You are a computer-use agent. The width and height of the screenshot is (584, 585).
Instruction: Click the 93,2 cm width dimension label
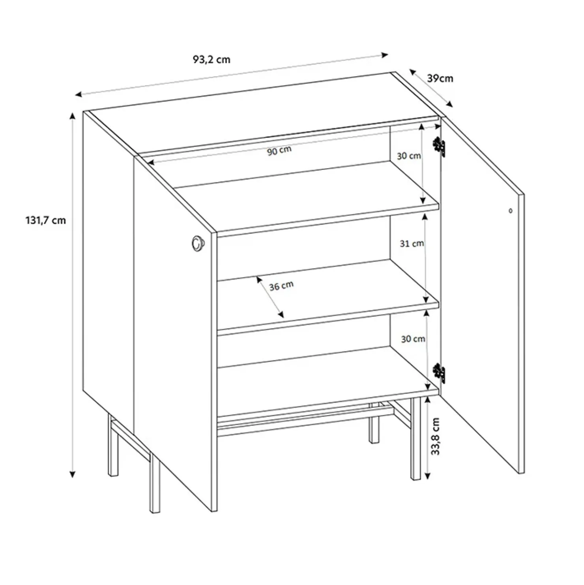(x=211, y=60)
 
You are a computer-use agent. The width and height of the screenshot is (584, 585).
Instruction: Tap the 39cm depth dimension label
(x=440, y=79)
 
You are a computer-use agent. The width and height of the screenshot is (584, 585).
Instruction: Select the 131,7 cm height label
(x=46, y=220)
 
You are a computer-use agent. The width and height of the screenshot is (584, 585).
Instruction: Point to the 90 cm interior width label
(x=279, y=150)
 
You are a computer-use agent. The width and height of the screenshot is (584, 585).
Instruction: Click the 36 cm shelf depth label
(x=281, y=286)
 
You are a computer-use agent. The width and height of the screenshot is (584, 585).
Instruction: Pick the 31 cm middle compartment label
(x=412, y=244)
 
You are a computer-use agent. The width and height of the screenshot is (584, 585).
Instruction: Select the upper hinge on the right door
(x=440, y=147)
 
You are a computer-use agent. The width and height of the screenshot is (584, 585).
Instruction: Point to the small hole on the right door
(x=510, y=211)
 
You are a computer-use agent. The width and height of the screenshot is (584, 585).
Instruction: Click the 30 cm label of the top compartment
(x=409, y=156)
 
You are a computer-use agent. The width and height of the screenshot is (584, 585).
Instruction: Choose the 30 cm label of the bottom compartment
(x=413, y=339)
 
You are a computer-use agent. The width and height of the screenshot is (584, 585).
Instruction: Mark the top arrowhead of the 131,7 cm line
(x=72, y=116)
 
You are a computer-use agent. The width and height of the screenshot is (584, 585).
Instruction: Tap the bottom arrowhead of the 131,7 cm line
(x=72, y=474)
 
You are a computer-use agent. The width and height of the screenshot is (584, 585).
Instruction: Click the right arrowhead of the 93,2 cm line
(x=385, y=55)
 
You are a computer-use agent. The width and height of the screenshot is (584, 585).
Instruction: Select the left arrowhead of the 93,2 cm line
(x=79, y=94)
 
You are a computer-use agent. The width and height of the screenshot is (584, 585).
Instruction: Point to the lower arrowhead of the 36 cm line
(x=281, y=315)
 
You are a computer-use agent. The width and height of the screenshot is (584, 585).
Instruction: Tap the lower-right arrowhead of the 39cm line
(x=449, y=104)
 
